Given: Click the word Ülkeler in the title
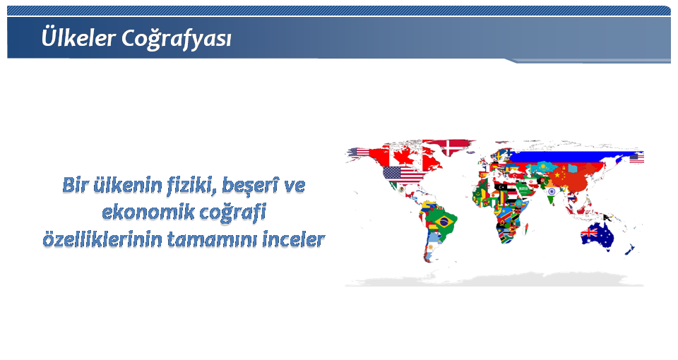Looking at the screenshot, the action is [x=78, y=37].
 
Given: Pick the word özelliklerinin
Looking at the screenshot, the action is [x=102, y=239].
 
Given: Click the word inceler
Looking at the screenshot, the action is [x=294, y=239].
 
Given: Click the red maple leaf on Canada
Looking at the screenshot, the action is [x=404, y=156].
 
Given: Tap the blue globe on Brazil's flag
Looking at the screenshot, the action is [x=442, y=222].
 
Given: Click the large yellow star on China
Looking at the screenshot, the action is [x=557, y=174].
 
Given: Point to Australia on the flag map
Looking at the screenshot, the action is [x=597, y=236].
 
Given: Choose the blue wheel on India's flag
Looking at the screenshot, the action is [x=551, y=191].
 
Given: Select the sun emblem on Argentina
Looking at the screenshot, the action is [x=431, y=247].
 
